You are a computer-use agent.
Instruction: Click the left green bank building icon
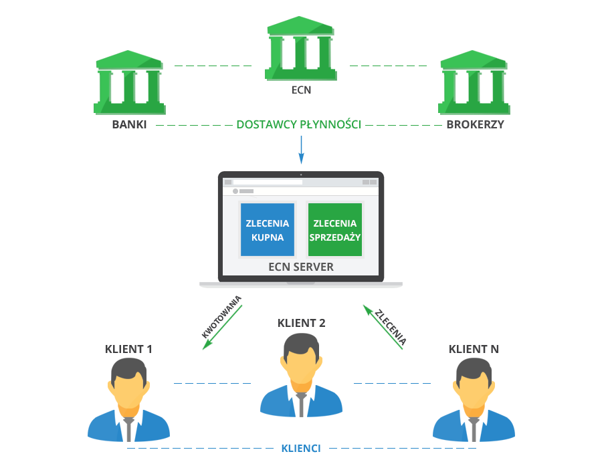coord(128,83)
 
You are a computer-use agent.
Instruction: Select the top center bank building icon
coord(300,48)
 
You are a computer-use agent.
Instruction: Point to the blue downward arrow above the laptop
coord(301,150)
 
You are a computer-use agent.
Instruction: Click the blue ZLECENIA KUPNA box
coord(267,230)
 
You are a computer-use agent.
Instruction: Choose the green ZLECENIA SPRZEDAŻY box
coord(334,230)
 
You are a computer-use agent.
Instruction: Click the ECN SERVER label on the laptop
coord(300,267)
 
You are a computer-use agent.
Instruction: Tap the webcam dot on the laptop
coord(301,174)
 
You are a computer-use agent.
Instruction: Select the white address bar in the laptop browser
coord(268,182)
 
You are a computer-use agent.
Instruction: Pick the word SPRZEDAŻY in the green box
coord(334,237)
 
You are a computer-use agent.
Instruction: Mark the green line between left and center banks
coord(213,66)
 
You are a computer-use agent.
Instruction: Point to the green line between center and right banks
coord(388,66)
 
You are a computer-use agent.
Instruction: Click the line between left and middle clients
coord(212,383)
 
